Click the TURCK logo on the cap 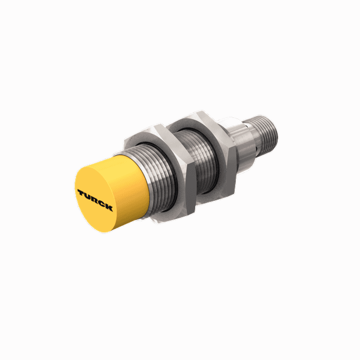tap(94, 199)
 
